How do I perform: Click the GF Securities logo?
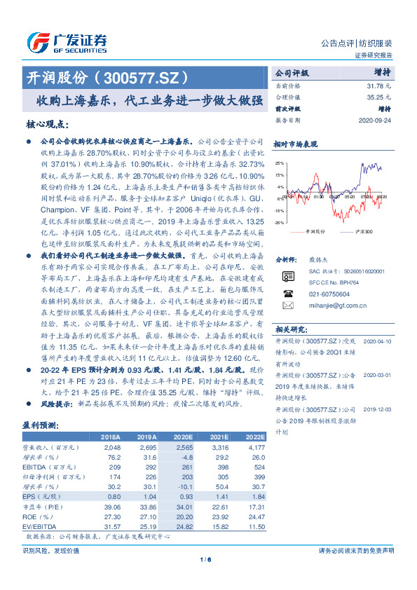(67, 43)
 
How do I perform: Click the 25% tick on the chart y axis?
(280, 163)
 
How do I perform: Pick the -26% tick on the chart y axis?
(279, 222)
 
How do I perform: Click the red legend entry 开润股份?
(313, 230)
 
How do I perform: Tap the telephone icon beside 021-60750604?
(288, 294)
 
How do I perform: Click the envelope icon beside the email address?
(288, 306)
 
